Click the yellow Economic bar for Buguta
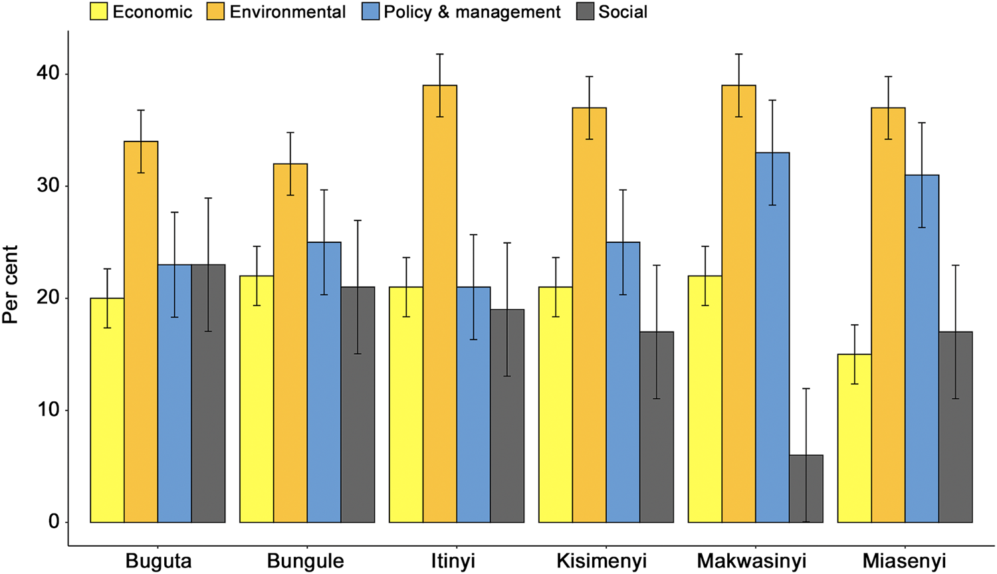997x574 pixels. (107, 410)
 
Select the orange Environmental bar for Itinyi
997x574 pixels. (440, 304)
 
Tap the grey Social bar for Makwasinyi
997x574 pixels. (806, 488)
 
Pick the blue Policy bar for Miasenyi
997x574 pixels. (922, 348)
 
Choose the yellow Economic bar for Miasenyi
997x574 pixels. (855, 438)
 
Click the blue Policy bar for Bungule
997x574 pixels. (324, 382)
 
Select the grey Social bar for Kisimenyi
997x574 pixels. (657, 427)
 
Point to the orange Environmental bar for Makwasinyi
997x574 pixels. (739, 304)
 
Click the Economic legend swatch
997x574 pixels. (99, 11)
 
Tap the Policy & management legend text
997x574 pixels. (472, 12)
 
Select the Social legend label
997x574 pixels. (623, 11)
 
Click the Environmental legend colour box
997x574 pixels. (215, 11)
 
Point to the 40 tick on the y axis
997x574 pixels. (66, 74)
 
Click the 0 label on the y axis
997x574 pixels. (54, 522)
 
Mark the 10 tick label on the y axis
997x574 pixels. (48, 409)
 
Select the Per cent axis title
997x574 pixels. (10, 284)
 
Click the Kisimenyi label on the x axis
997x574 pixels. (602, 561)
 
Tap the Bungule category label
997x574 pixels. (305, 561)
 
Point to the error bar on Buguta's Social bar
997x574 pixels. (208, 264)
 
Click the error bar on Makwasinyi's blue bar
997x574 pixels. (772, 153)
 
